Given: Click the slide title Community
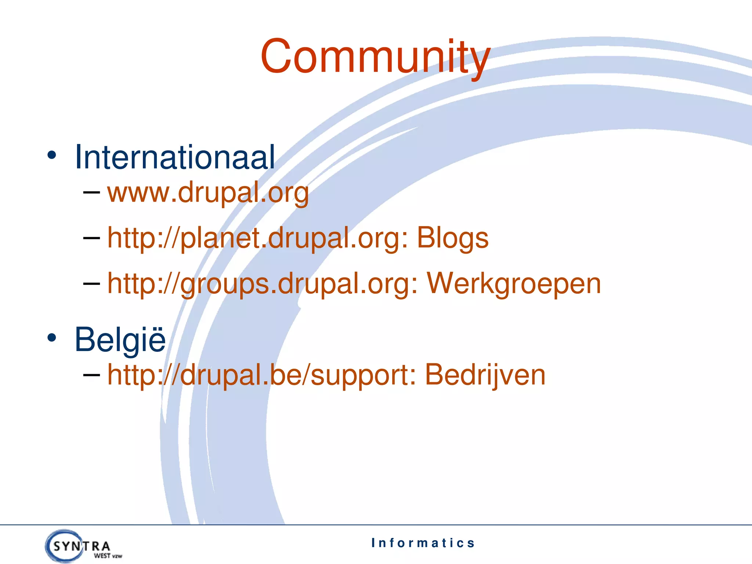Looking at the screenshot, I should click(375, 57).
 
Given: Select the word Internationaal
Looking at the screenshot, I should click(174, 157).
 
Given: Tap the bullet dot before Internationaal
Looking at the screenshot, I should click(52, 155).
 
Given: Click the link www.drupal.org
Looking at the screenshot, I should click(208, 192).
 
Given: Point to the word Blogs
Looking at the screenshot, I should click(452, 238).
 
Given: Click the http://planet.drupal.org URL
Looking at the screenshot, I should click(257, 238).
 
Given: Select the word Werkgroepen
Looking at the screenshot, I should click(513, 283).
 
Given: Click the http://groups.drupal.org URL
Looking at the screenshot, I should click(262, 283).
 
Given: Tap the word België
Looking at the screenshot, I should click(120, 340).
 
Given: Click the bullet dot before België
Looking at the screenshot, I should click(52, 338).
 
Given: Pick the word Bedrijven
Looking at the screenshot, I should click(485, 375).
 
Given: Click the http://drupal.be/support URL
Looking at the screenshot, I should click(261, 375).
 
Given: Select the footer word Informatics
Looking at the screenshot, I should click(423, 543).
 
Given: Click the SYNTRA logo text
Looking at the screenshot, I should click(82, 546).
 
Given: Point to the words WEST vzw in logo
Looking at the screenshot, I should click(108, 556).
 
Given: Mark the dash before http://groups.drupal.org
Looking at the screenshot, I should click(91, 284).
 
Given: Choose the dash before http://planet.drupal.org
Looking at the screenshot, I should click(91, 238).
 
